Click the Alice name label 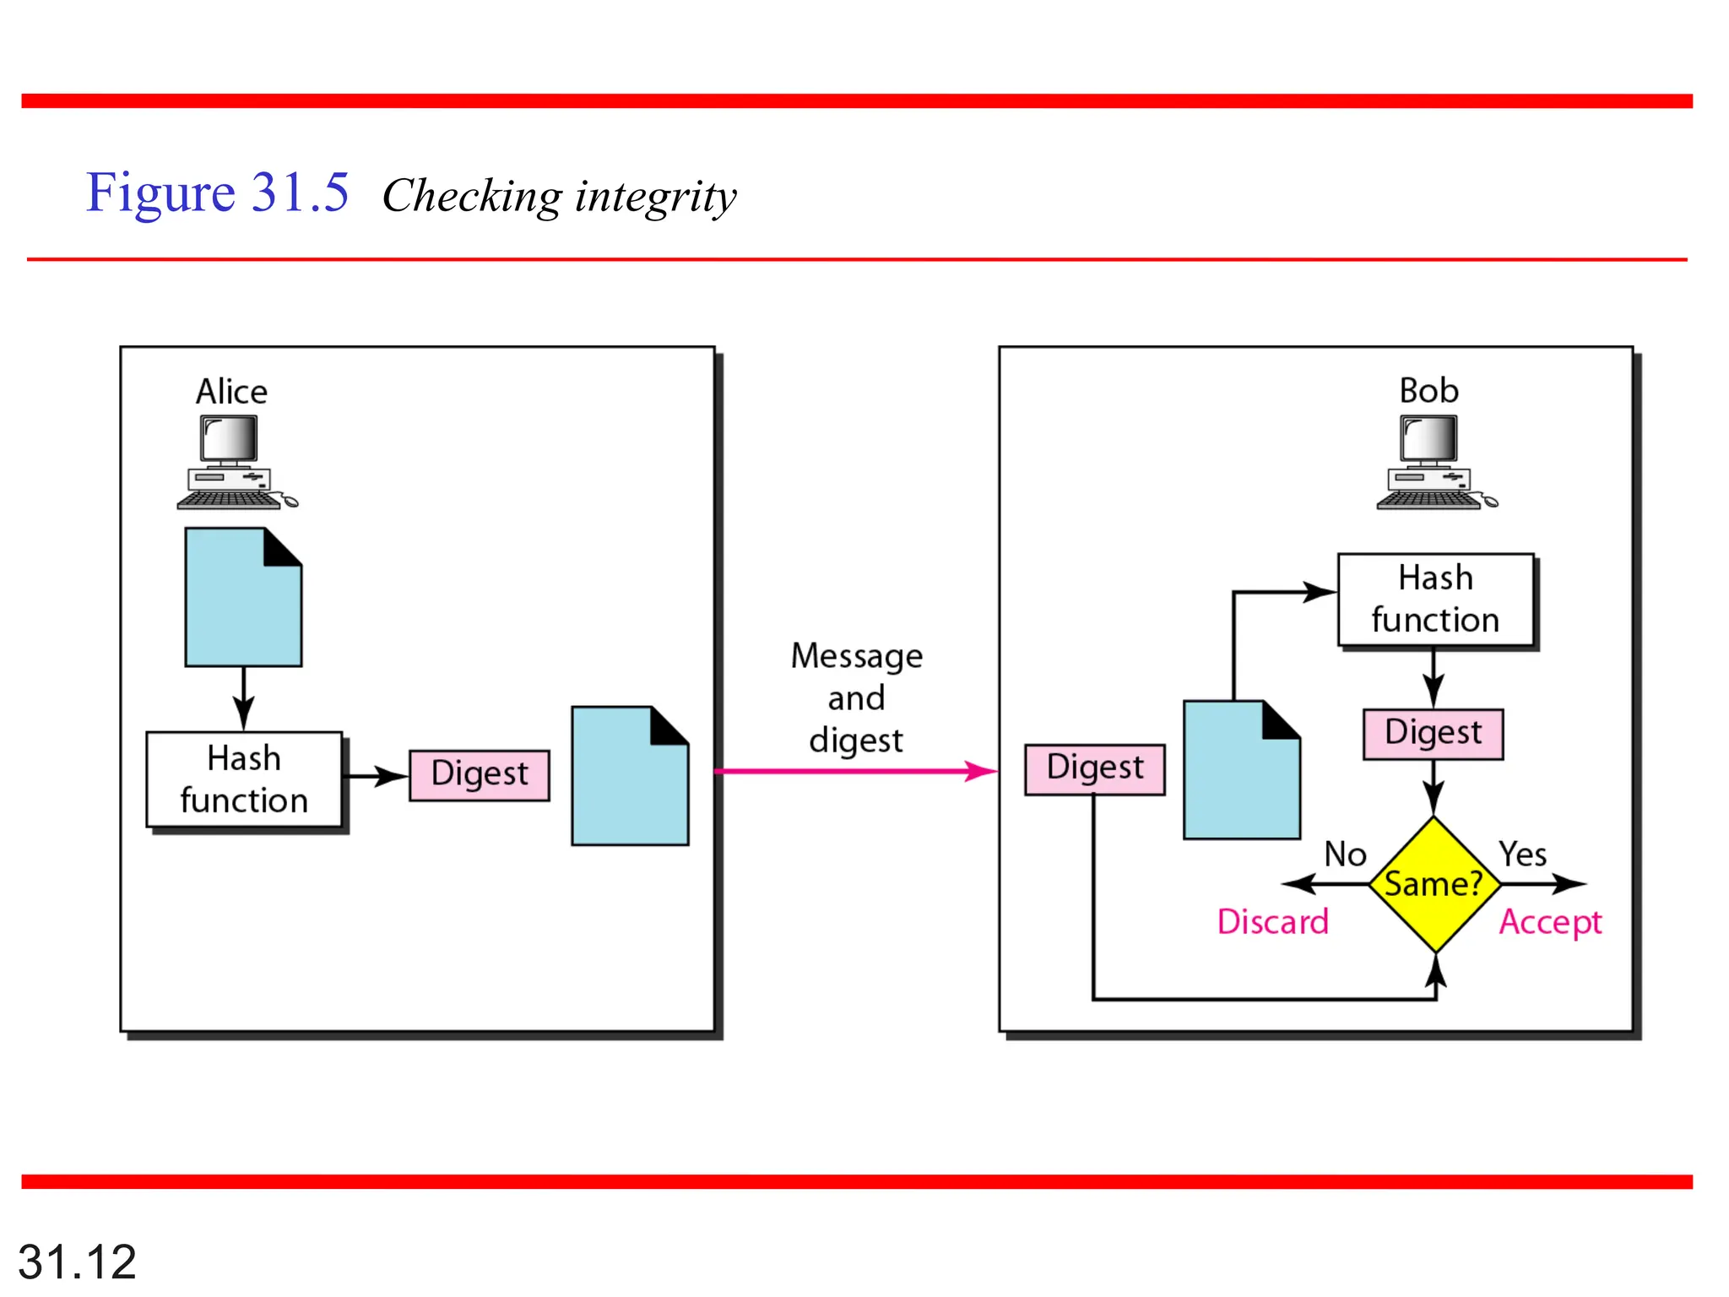coord(231,392)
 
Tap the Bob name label coord(1428,391)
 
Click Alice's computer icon coord(235,464)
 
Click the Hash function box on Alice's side coord(244,779)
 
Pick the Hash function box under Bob coord(1435,600)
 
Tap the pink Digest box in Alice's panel coord(480,774)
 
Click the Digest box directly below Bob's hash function coord(1433,733)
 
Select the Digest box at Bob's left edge coord(1094,768)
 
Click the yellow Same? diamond coord(1434,884)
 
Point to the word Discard coord(1272,921)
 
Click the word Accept coord(1550,922)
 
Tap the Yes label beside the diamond coord(1522,855)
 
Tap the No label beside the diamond coord(1345,855)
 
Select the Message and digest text coord(856,697)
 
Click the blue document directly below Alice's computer coord(243,598)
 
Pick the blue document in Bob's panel coord(1241,771)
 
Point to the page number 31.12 coord(77,1262)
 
